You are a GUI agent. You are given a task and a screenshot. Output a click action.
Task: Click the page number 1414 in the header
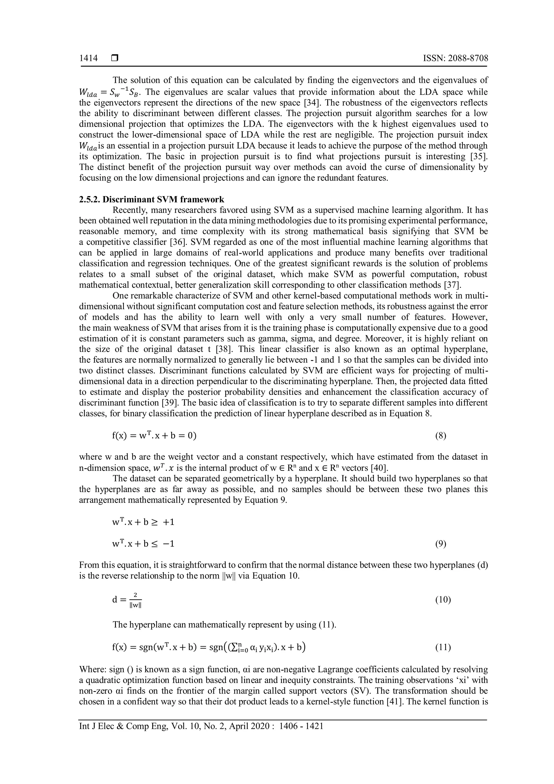[88, 58]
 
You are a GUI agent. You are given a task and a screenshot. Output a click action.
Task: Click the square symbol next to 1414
[114, 58]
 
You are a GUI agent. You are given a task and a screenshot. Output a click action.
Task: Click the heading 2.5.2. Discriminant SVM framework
[151, 200]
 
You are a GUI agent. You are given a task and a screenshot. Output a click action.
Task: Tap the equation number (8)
[440, 436]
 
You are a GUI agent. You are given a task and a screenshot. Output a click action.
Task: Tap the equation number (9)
[440, 544]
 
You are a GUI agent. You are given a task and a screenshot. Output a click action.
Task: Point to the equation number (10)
[443, 600]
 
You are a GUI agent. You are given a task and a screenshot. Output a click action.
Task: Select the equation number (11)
[443, 647]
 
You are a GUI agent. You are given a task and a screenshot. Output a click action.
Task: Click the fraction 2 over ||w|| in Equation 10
[136, 600]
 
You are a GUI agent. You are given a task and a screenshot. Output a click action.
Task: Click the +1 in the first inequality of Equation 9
[169, 522]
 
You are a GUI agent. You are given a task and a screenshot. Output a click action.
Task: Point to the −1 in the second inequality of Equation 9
[169, 544]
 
